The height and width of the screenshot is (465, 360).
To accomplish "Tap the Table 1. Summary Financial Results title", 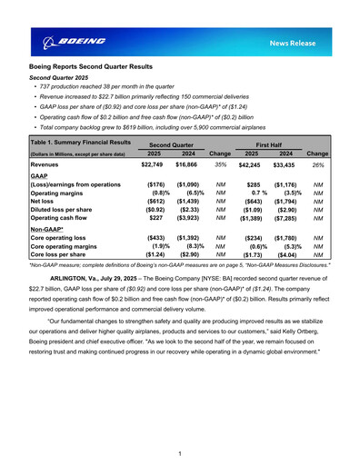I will coord(81,143).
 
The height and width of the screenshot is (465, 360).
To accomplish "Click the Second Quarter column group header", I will coord(171,144).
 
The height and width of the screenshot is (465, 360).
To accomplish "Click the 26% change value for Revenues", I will coord(318,165).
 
